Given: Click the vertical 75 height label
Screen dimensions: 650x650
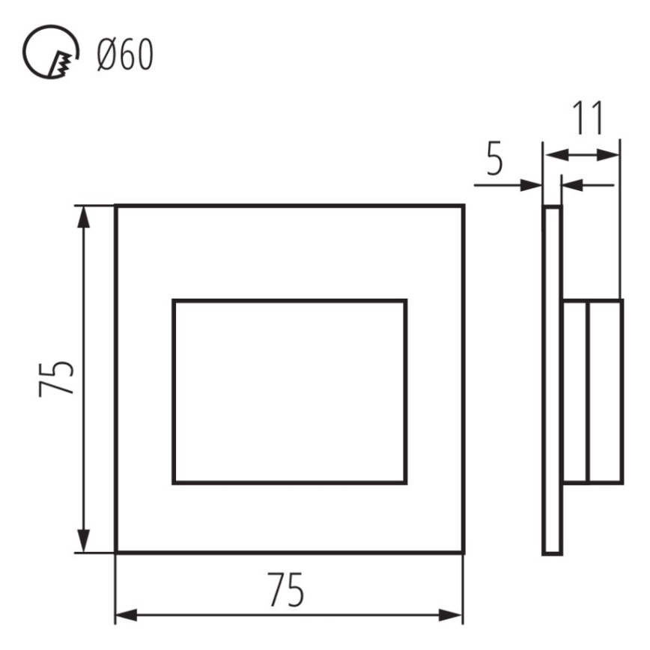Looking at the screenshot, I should coord(57,378).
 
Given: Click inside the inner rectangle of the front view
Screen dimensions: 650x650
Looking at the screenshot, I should coord(290,392).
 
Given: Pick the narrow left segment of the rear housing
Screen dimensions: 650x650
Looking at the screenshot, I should coord(575,392).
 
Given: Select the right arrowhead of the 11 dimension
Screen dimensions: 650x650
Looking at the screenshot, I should coord(610,155).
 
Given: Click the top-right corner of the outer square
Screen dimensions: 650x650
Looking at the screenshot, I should coord(463,205).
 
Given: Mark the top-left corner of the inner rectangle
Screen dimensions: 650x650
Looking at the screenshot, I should coord(174,301).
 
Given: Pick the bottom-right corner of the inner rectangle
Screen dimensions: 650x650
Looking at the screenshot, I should coord(406,482).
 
